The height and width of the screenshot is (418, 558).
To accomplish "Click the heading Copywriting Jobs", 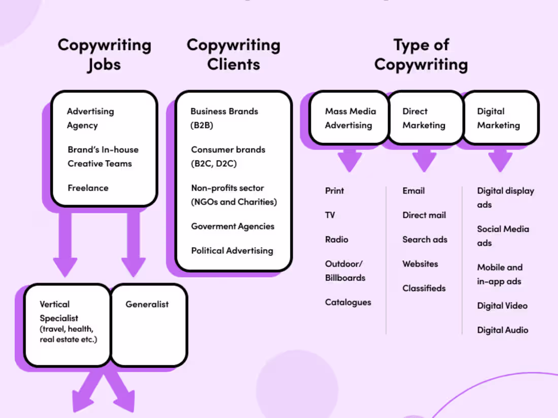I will click(x=104, y=55).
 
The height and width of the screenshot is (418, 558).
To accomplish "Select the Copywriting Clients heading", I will click(x=233, y=55).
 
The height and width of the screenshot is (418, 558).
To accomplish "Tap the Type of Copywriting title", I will click(x=421, y=55).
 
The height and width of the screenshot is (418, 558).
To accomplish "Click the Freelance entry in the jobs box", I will click(x=88, y=188).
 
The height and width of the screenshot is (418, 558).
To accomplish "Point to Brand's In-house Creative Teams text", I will click(x=103, y=157).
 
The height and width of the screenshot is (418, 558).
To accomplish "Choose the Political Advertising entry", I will click(x=232, y=251).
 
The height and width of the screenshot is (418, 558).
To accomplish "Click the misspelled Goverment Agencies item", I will click(x=232, y=226).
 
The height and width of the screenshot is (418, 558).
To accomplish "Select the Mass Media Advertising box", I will click(x=349, y=118).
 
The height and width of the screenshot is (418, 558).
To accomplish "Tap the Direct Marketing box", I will click(x=425, y=118).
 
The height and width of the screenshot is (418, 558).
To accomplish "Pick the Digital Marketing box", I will click(x=500, y=118).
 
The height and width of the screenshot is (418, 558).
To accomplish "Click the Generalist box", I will click(x=149, y=324).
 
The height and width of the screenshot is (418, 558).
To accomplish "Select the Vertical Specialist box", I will click(x=67, y=324).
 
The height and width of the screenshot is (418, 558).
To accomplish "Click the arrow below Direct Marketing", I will click(x=425, y=159).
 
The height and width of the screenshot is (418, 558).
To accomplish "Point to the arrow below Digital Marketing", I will click(x=500, y=159).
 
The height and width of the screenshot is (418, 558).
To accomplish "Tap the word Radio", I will click(x=336, y=240).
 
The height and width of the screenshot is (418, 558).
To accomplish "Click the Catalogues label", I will click(x=348, y=302).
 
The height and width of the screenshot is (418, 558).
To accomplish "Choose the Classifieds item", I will click(x=424, y=288).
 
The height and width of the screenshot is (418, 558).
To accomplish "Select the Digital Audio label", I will click(x=502, y=330).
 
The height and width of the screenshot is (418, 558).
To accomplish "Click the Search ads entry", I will click(x=425, y=240).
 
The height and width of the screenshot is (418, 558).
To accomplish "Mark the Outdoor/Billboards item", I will click(x=345, y=271).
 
